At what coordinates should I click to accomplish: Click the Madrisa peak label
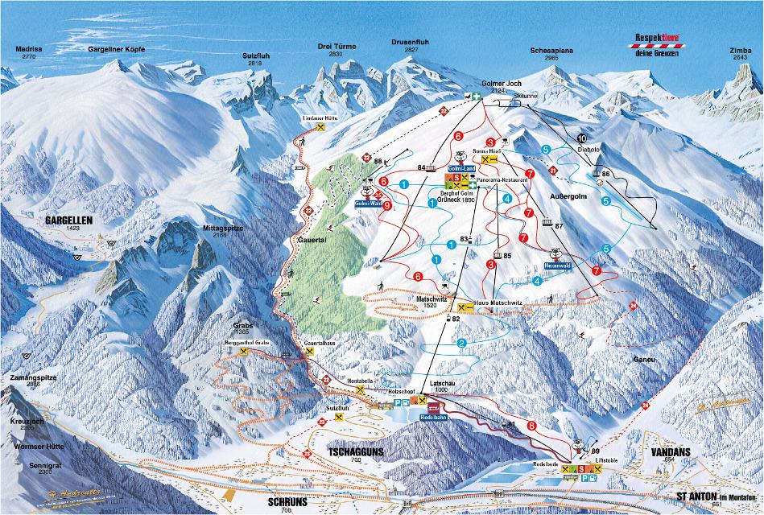click(x=29, y=50)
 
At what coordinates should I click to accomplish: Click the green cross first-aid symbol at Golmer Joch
click(x=476, y=97)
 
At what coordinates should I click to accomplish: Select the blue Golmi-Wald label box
click(x=367, y=204)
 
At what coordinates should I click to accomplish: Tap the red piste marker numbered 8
click(x=531, y=425)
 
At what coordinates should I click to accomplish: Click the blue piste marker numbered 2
click(x=461, y=344)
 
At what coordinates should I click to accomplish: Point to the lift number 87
click(x=559, y=226)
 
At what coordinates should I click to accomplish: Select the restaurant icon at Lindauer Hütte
click(x=320, y=127)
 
